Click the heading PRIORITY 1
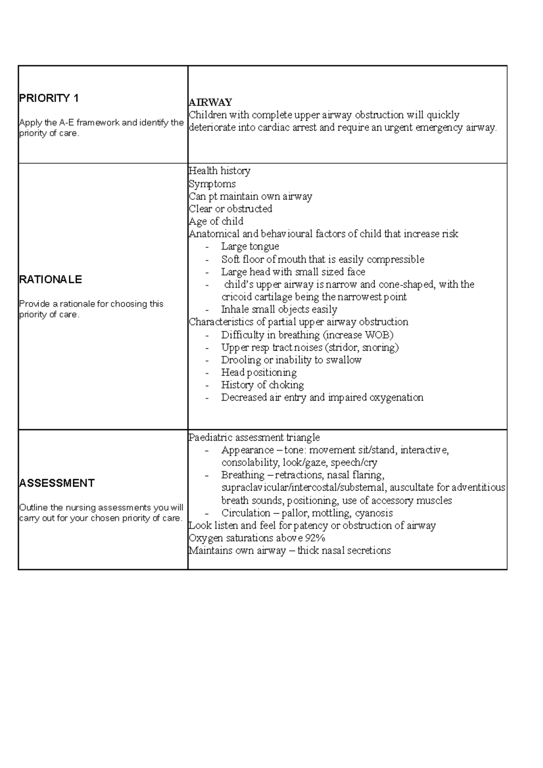49,98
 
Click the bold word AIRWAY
210,102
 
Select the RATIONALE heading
50,280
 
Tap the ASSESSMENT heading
57,483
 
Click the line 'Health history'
219,171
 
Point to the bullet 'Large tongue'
250,247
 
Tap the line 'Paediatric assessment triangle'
254,437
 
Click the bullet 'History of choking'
262,385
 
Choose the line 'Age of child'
216,221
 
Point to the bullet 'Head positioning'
259,373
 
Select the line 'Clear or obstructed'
230,209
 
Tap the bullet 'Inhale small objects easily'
279,310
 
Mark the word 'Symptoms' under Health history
212,184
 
